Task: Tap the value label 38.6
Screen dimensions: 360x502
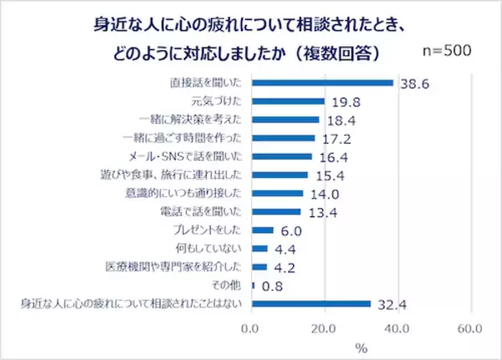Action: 415,84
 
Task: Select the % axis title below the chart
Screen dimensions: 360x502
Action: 361,346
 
